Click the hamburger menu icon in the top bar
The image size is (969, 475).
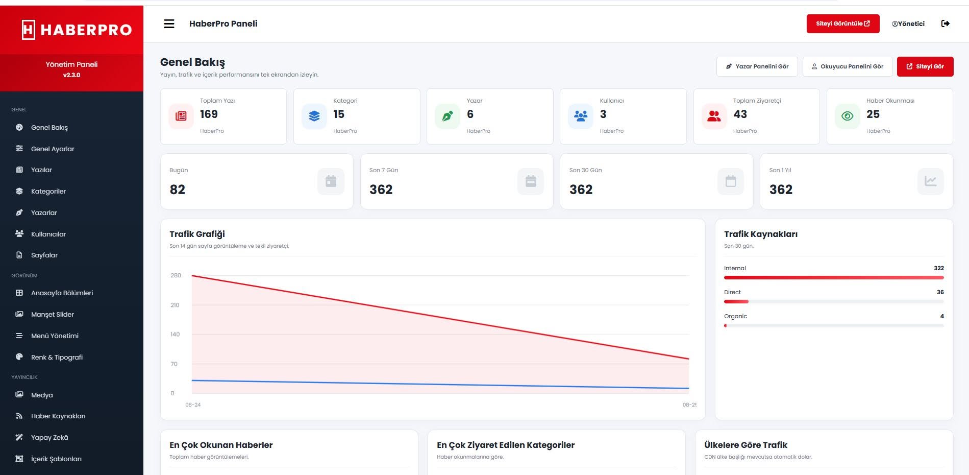(169, 23)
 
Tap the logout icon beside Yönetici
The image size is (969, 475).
(945, 23)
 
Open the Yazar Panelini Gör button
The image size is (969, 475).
(757, 66)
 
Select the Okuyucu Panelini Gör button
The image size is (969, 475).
(847, 66)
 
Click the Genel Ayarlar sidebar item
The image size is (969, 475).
(53, 149)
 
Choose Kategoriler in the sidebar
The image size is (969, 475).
(48, 191)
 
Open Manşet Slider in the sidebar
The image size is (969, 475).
(53, 314)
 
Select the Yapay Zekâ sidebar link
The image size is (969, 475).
(49, 437)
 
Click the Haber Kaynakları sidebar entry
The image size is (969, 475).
(58, 416)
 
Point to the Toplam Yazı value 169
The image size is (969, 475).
(209, 114)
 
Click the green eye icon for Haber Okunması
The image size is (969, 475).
(847, 116)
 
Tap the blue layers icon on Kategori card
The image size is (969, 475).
(314, 116)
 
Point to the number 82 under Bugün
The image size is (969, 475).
(178, 189)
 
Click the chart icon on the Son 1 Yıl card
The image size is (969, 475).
(930, 181)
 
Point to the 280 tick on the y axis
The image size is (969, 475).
(176, 275)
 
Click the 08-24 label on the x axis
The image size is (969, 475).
(193, 405)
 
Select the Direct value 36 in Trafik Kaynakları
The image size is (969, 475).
(940, 292)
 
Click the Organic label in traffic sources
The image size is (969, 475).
(735, 316)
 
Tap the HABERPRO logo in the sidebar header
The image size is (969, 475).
(77, 30)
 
